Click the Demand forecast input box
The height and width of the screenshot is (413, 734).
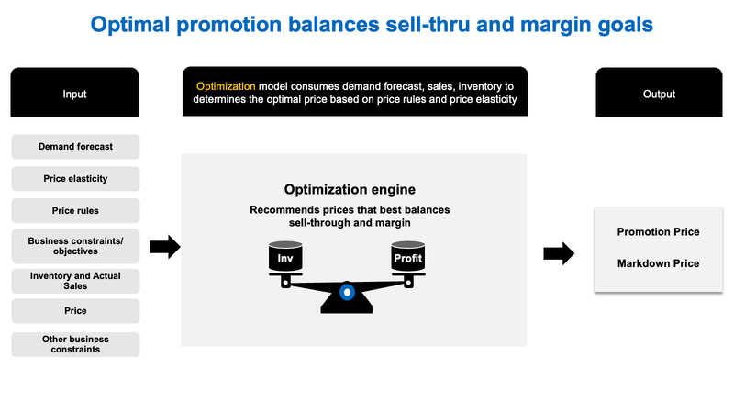[x=75, y=147]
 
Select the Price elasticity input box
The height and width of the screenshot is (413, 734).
[x=75, y=178]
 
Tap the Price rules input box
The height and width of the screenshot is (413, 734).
[x=75, y=210]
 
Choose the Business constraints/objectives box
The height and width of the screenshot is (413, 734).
[x=75, y=245]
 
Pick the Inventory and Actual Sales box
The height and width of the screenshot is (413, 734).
[x=75, y=281]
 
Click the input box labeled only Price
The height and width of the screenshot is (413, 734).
[x=75, y=311]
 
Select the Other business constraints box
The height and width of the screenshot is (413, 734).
[x=75, y=344]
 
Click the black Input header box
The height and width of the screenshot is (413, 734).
[x=75, y=94]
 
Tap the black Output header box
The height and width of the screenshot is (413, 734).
[x=659, y=94]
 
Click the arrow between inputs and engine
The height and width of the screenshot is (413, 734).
[x=164, y=246]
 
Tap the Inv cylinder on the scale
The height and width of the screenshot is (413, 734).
[x=284, y=258]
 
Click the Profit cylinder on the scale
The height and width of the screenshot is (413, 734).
[x=407, y=258]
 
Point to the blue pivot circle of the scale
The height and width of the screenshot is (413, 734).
[x=346, y=292]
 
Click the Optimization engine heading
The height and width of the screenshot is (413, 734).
[x=350, y=190]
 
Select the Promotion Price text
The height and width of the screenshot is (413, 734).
[x=658, y=232]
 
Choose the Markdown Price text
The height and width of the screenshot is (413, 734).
[x=658, y=263]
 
